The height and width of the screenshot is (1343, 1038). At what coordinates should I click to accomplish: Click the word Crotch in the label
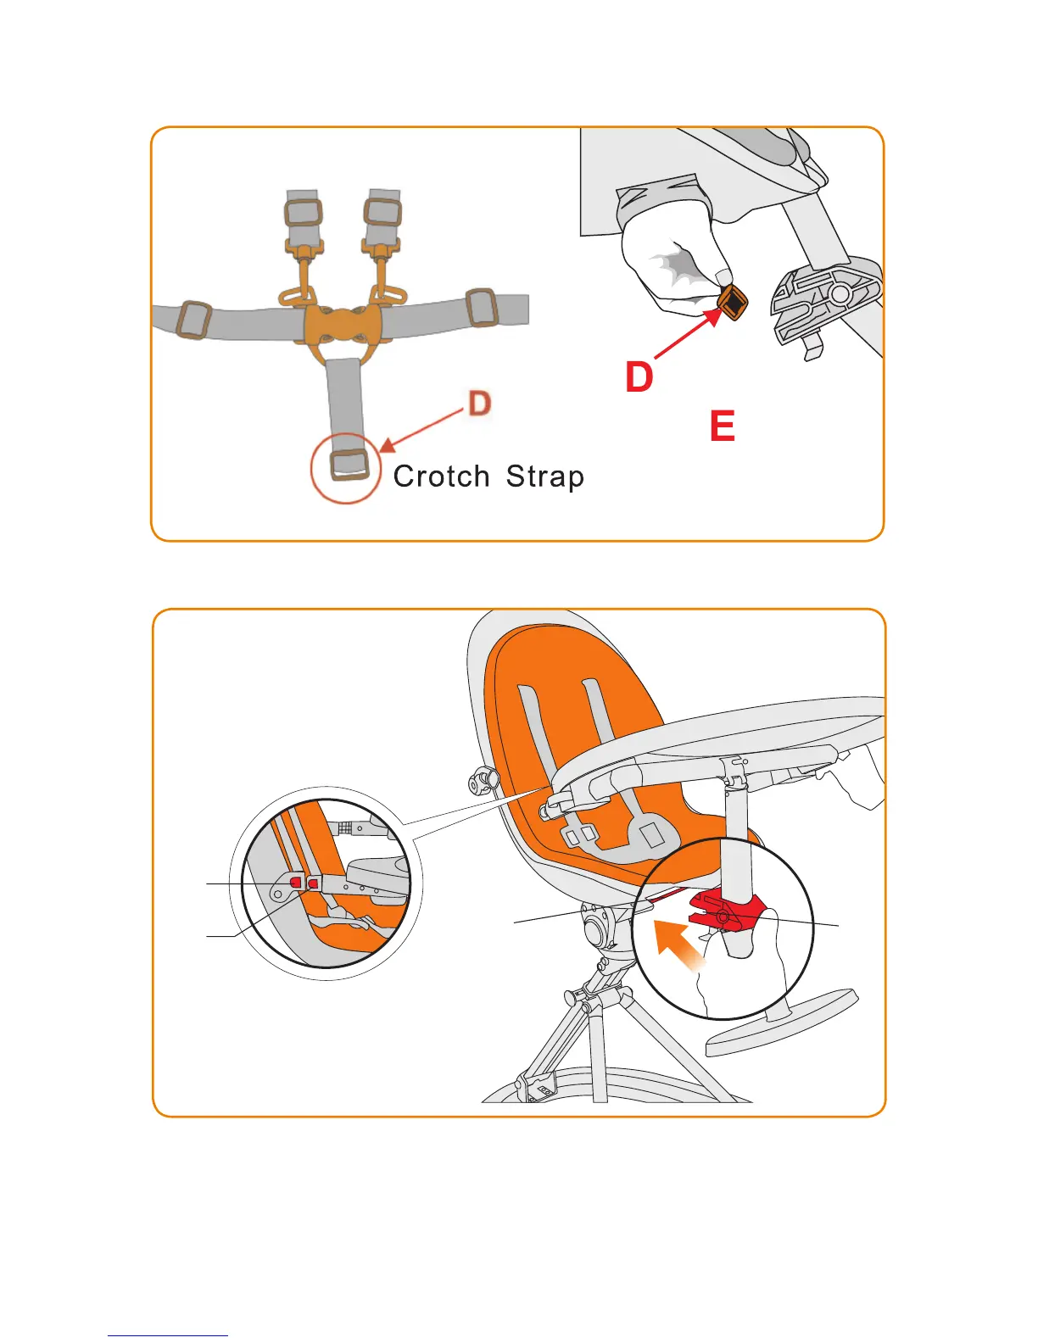click(x=441, y=476)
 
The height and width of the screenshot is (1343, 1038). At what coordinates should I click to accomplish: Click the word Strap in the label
click(x=544, y=476)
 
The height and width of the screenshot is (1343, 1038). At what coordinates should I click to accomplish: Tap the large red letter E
click(x=722, y=426)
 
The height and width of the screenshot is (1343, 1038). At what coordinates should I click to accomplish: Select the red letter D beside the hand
click(x=639, y=377)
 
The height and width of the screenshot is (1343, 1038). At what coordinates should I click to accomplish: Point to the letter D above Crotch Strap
click(x=480, y=403)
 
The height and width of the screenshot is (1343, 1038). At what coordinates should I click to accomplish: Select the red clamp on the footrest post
click(x=728, y=911)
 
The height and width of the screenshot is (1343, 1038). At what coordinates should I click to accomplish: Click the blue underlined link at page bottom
click(x=168, y=1335)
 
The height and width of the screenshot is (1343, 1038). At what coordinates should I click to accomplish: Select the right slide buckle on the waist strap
click(x=481, y=307)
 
